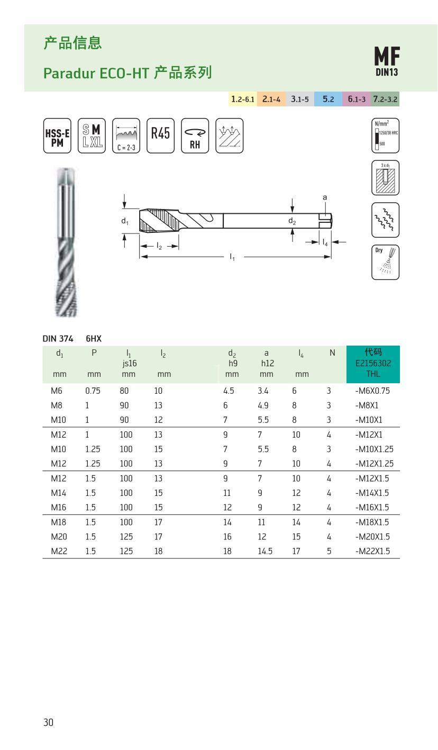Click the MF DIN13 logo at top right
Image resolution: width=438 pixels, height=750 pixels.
pos(387,61)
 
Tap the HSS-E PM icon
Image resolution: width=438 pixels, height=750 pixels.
pos(57,136)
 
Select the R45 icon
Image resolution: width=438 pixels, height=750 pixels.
pos(160,135)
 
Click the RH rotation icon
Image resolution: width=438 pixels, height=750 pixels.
pos(195,136)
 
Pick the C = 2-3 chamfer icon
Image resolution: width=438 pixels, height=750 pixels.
pos(126,136)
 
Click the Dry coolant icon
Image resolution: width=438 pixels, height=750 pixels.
pos(385,262)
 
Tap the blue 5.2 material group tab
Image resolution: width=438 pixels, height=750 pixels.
pos(328,99)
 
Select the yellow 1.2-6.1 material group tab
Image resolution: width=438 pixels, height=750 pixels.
pos(243,99)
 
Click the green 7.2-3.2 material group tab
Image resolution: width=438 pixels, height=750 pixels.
pos(385,99)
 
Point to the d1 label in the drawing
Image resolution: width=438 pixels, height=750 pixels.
pos(124,221)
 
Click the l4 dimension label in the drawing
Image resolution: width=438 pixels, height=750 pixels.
pos(325,242)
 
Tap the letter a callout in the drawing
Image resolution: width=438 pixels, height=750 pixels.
pos(325,197)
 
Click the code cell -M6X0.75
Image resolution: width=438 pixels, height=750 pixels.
pos(373,391)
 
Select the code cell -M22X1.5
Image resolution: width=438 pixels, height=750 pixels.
pos(372,551)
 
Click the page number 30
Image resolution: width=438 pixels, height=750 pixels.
pos(48,722)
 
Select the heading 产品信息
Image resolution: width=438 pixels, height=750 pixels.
pos(72,43)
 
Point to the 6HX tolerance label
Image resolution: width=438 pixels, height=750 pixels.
pos(94,338)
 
